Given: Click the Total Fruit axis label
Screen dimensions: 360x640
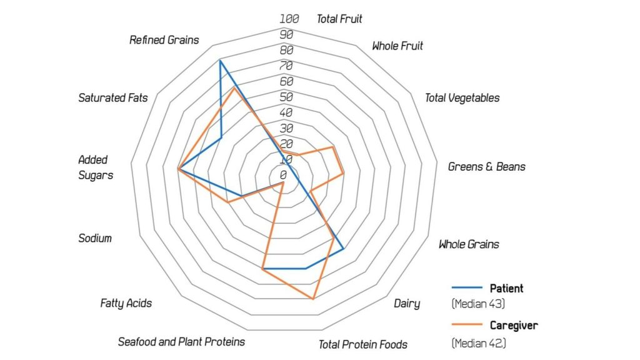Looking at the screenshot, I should point(339,19).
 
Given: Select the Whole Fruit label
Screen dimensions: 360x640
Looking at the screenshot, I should point(397,46).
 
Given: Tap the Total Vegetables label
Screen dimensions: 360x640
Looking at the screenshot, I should point(462,97).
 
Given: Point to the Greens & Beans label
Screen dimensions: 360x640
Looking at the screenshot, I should point(487,167).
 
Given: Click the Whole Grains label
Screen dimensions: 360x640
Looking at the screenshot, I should point(469,244).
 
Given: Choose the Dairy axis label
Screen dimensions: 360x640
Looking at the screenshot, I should point(407,304).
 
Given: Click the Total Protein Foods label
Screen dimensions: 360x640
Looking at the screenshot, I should point(363,344).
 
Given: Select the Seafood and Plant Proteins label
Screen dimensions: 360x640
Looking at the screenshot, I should point(181,342).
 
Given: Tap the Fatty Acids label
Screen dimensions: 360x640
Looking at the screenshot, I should point(126,303).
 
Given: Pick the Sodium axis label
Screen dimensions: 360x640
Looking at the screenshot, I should point(95,238).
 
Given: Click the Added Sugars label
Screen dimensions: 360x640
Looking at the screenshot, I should point(96,167).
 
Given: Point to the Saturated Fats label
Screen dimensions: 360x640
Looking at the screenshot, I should point(113,97).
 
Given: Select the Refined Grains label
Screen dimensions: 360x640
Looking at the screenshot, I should point(164,40).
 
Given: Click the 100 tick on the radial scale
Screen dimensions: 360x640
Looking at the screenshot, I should point(289,19).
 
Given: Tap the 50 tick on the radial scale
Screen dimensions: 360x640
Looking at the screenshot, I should point(286,97).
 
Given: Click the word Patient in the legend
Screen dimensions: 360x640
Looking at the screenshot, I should point(506,289).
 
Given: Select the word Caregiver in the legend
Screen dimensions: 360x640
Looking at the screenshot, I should point(514,325).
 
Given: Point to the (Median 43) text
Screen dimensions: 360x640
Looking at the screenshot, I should point(478,304).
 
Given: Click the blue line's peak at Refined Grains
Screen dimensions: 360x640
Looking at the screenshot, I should point(220,61).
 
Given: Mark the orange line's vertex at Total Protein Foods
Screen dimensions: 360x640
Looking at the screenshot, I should point(313,299).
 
